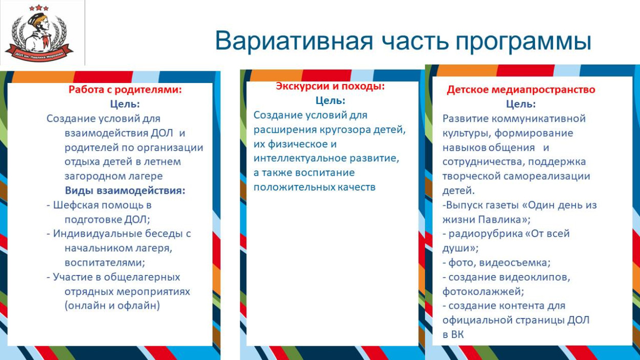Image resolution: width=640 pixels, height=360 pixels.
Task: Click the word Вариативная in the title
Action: [294, 41]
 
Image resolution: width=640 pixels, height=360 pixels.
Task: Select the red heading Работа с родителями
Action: [125, 90]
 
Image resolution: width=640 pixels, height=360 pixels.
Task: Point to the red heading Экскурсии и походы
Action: [330, 86]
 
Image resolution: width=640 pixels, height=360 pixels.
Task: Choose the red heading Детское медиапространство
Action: [521, 90]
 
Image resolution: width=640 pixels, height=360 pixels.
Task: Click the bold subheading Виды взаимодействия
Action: [125, 190]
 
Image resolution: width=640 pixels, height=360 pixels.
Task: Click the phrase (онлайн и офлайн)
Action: [112, 306]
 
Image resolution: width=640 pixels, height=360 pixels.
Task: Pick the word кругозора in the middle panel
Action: [341, 130]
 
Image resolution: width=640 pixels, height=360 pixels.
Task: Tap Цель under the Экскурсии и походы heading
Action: [330, 100]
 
